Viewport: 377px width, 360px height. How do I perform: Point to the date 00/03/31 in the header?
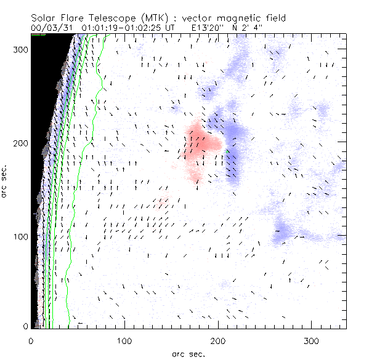[x=51, y=28]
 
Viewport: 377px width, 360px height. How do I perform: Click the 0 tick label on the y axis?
[x=25, y=326]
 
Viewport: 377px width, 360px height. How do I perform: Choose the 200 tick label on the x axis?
[x=218, y=340]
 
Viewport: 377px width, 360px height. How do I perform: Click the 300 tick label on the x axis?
[x=312, y=340]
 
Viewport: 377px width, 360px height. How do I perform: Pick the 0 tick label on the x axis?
[x=31, y=340]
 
